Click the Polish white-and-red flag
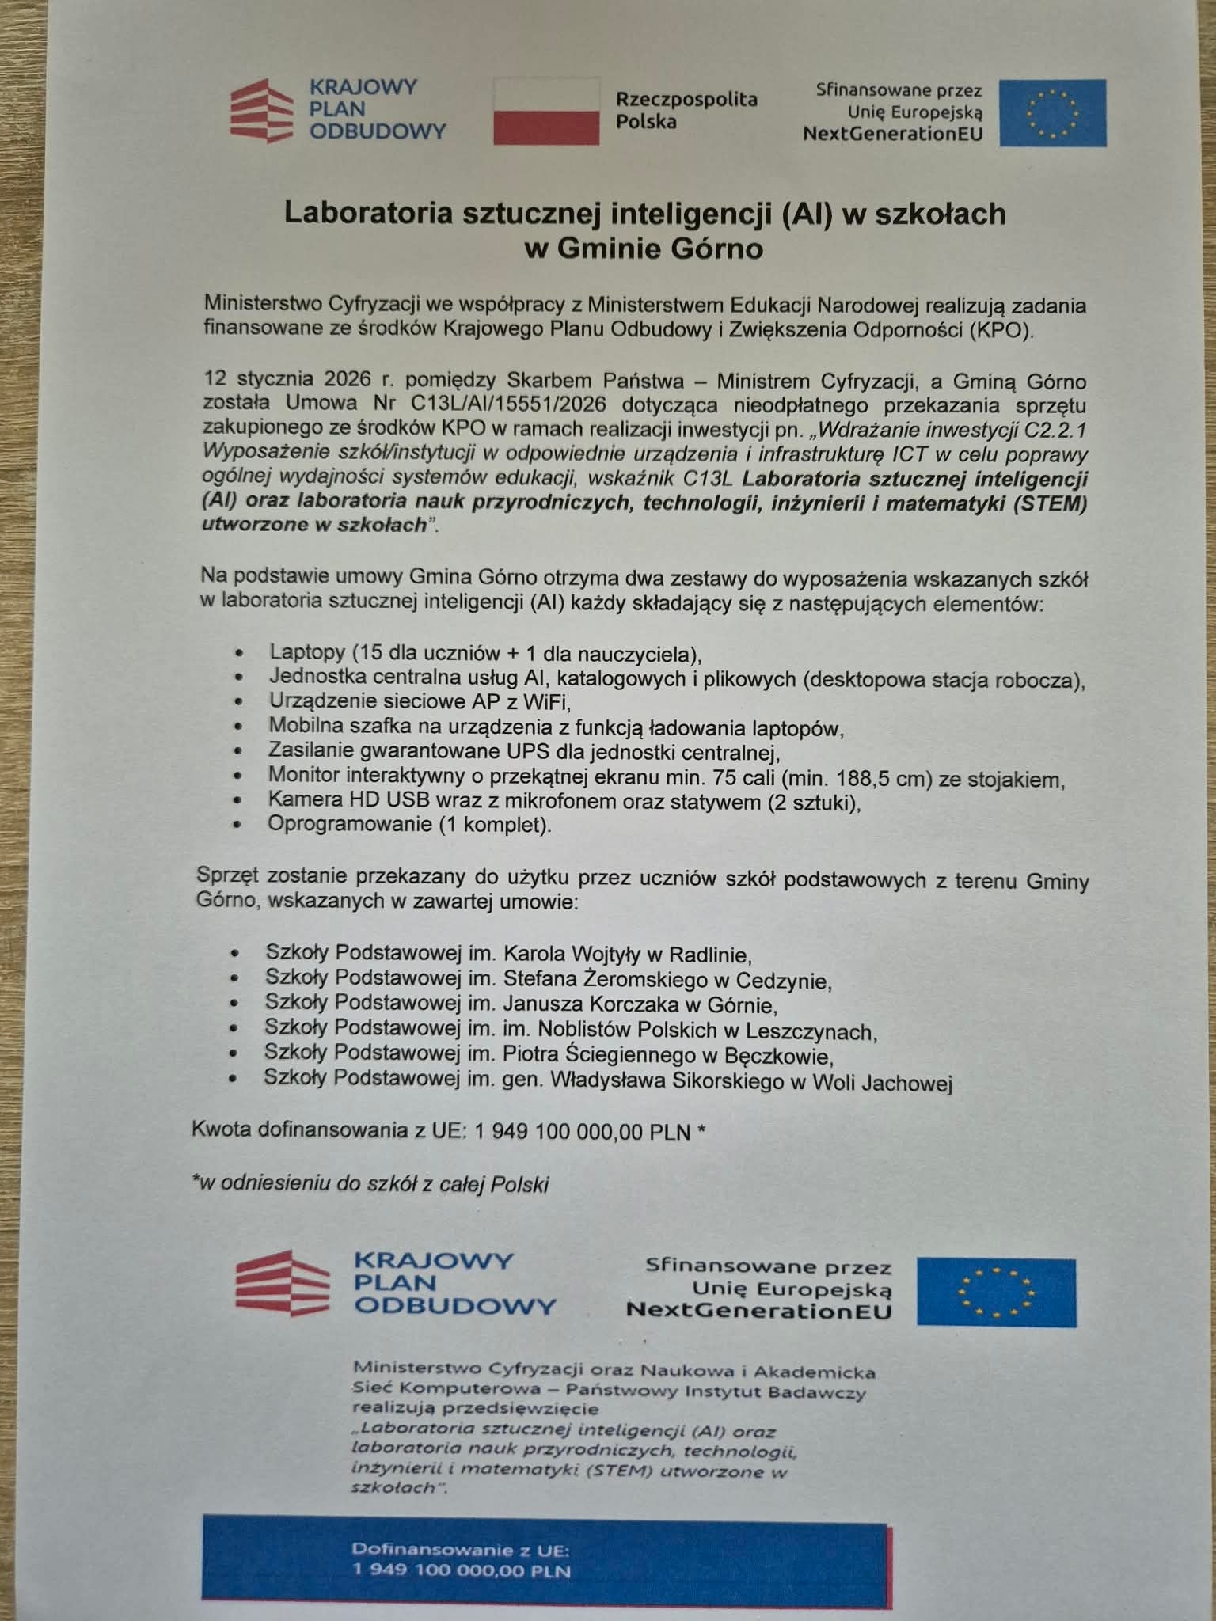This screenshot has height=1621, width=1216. [546, 111]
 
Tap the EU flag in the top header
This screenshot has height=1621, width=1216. [1052, 112]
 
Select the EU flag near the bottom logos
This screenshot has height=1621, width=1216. [996, 1293]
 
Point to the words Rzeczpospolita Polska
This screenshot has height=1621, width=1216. [686, 110]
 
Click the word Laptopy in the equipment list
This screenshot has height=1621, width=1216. [307, 652]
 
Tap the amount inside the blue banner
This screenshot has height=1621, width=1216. [462, 1571]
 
